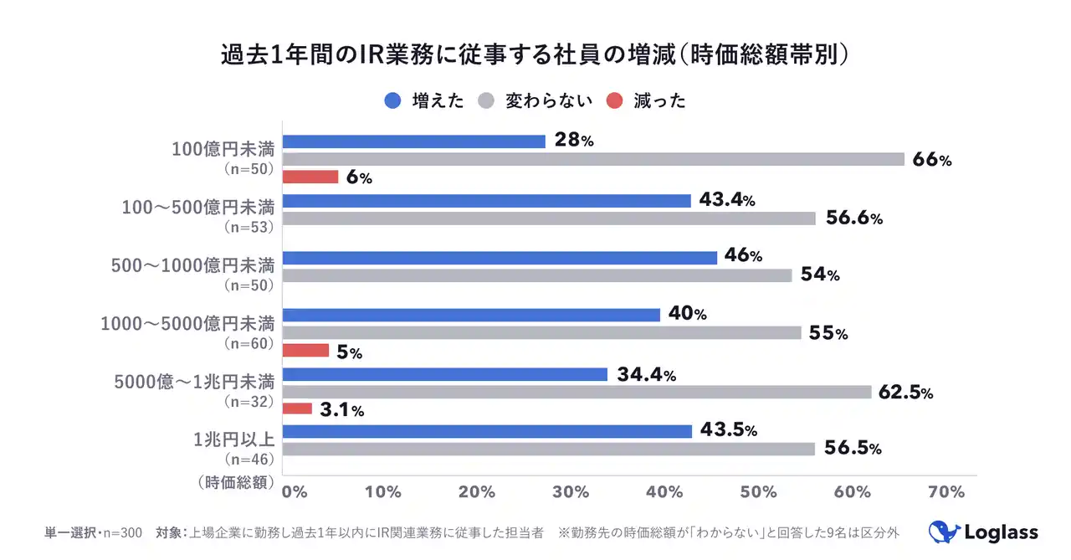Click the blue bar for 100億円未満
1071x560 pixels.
click(x=414, y=141)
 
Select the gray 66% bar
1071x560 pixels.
click(x=594, y=159)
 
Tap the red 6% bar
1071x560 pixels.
click(x=310, y=177)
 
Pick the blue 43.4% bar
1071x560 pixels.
click(x=487, y=201)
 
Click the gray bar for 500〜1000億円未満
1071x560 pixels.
click(x=537, y=275)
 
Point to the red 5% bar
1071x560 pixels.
click(x=306, y=351)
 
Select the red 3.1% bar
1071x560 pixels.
click(x=298, y=409)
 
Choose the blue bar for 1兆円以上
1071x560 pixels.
click(x=488, y=431)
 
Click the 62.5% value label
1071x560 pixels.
click(x=905, y=393)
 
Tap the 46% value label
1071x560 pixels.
click(x=743, y=257)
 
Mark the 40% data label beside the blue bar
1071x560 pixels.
click(x=687, y=315)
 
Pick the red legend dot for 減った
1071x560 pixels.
click(x=615, y=100)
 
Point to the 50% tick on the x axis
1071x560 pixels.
click(x=759, y=492)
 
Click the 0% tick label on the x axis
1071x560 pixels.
click(x=294, y=492)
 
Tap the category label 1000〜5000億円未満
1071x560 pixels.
click(x=187, y=324)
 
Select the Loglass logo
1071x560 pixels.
click(x=983, y=532)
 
